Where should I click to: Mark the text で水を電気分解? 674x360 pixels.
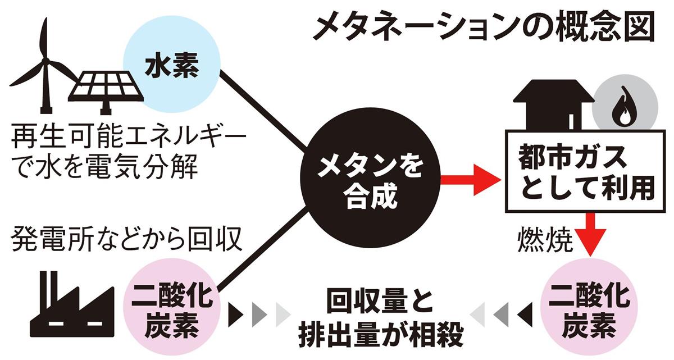(104, 167)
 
